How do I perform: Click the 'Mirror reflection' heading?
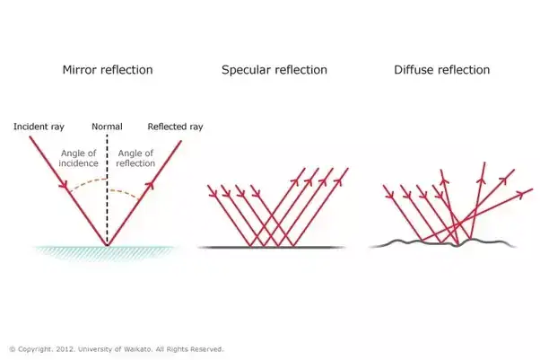tap(108, 69)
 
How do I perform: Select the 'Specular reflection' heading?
tap(274, 69)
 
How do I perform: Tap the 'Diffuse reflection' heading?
tap(440, 69)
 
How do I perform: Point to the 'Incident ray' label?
tap(39, 127)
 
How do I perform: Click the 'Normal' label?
tap(108, 127)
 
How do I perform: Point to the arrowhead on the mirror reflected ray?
tap(149, 186)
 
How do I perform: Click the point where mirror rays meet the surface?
tap(108, 245)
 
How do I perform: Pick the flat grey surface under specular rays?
tap(269, 246)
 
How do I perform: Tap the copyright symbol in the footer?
tap(12, 348)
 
